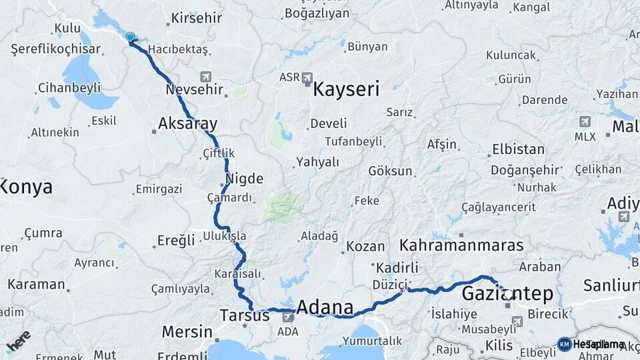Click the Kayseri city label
[x=346, y=89]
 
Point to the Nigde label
[x=245, y=179]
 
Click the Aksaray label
[x=187, y=123]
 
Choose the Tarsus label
[x=244, y=315]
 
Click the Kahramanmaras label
[x=461, y=245]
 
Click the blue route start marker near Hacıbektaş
[x=130, y=38]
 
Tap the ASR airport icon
[x=307, y=77]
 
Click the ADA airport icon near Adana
[x=288, y=317]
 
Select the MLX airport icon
[x=585, y=122]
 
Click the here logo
[x=18, y=341]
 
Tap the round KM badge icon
[x=565, y=344]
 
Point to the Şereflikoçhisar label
[x=56, y=49]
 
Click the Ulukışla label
[x=225, y=236]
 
